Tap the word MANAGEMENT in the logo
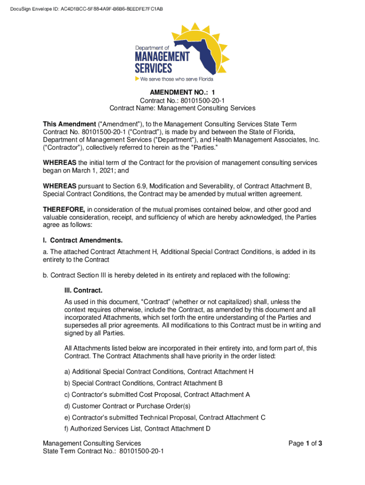pos(162,57)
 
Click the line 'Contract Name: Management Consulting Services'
pos(182,108)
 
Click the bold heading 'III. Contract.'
pos(83,290)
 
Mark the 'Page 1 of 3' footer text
pos(305,443)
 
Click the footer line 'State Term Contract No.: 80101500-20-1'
pos(103,451)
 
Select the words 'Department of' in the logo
pos(152,48)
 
